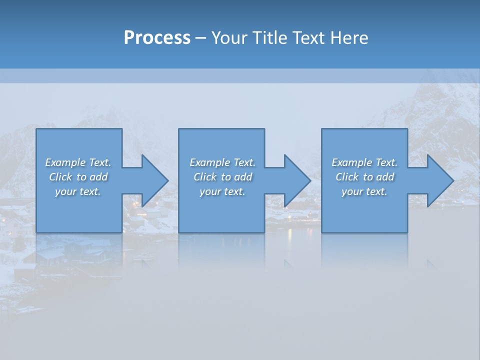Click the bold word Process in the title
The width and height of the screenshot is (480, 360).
(x=157, y=38)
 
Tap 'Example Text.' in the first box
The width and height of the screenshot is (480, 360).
(x=78, y=162)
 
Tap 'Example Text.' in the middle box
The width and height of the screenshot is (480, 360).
(x=222, y=162)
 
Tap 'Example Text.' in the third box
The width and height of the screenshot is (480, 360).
(x=364, y=162)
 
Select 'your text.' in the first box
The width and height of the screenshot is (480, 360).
(x=78, y=191)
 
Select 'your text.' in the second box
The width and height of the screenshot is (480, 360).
(x=222, y=191)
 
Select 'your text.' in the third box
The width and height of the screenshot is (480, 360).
(x=364, y=191)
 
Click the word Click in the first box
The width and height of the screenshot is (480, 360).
(x=60, y=177)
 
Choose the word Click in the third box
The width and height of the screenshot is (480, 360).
(x=347, y=177)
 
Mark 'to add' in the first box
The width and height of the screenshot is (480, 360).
(x=92, y=177)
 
